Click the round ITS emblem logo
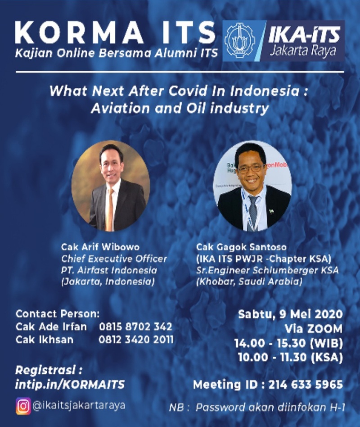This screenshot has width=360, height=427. (240, 41)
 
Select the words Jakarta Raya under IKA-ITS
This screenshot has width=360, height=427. (302, 51)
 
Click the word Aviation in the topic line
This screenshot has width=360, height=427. (120, 109)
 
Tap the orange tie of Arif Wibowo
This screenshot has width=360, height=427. (109, 210)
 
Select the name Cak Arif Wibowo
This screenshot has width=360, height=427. (100, 247)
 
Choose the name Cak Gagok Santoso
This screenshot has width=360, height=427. (241, 247)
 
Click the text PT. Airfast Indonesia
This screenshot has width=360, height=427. (109, 270)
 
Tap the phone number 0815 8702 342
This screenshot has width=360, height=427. (135, 327)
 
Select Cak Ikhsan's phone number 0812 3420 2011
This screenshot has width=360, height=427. (136, 340)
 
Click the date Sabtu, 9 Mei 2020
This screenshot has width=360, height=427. (290, 314)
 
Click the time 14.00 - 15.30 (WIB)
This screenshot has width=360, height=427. (288, 343)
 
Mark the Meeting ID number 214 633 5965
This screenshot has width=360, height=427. (306, 385)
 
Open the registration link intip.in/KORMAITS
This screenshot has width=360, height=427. (70, 385)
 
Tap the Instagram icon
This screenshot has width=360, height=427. (23, 406)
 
